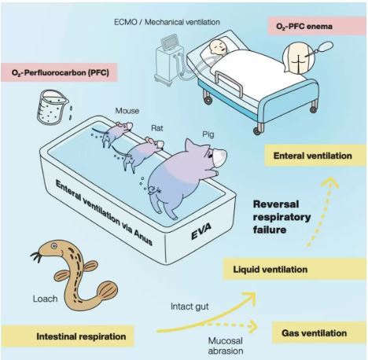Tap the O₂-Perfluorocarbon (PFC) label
pyautogui.click(x=59, y=72)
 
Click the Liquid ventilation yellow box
pyautogui.click(x=294, y=269)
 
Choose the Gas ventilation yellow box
pyautogui.click(x=318, y=333)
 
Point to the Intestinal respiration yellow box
pyautogui.click(x=68, y=336)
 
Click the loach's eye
pyautogui.click(x=54, y=246)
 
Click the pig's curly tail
pyautogui.click(x=153, y=190)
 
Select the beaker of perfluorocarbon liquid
pyautogui.click(x=51, y=106)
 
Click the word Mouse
pyautogui.click(x=127, y=111)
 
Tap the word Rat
pyautogui.click(x=157, y=128)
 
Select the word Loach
pyautogui.click(x=45, y=299)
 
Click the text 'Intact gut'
pyautogui.click(x=190, y=307)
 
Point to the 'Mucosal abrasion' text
pyautogui.click(x=226, y=346)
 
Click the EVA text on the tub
pyautogui.click(x=201, y=232)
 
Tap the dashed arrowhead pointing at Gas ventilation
pyautogui.click(x=253, y=326)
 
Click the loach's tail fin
pyautogui.click(x=108, y=290)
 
